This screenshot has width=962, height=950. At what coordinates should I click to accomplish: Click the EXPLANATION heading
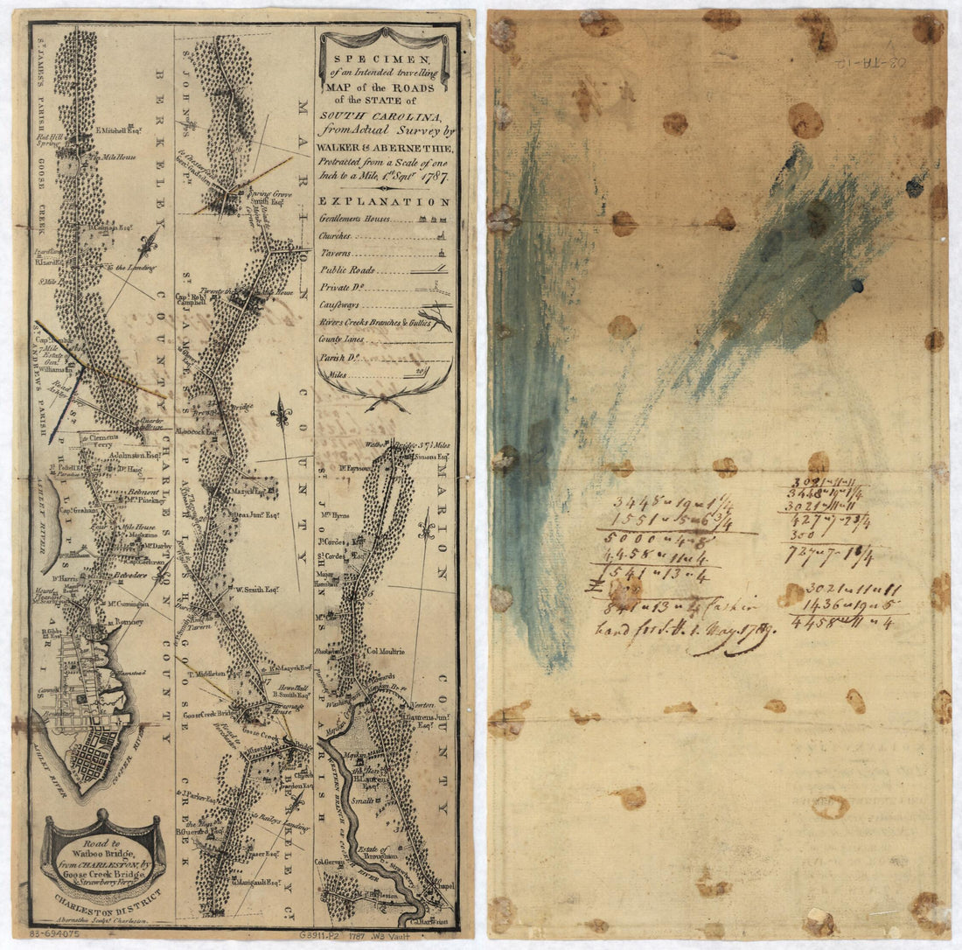pos(385,201)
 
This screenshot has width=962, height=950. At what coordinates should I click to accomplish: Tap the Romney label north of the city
pos(129,622)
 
